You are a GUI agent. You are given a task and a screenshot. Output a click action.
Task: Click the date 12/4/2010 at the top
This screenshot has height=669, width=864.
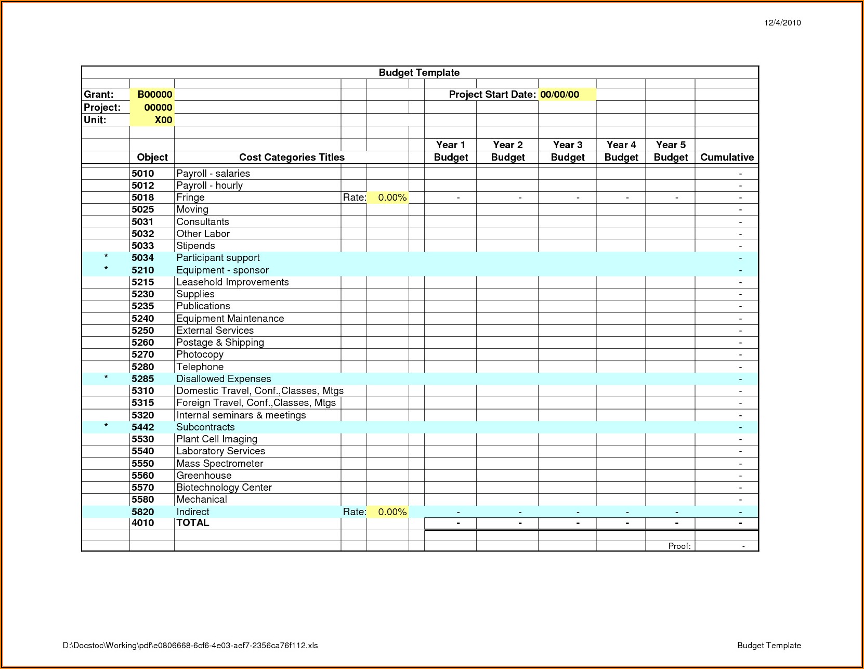[x=782, y=22]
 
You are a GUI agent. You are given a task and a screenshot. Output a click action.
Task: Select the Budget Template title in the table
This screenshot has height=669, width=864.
[x=419, y=73]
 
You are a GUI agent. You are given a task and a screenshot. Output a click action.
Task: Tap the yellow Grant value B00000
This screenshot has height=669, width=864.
[x=154, y=95]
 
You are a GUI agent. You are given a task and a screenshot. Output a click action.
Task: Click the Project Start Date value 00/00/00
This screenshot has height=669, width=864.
[x=559, y=95]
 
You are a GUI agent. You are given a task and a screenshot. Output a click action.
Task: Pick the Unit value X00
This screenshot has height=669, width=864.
[x=163, y=120]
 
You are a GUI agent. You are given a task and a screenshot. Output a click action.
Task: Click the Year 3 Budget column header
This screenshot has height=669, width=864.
[x=568, y=151]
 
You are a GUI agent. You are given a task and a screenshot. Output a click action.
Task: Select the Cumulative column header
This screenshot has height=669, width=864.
[x=727, y=158]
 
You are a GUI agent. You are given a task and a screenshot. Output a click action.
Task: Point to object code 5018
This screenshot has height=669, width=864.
[x=143, y=198]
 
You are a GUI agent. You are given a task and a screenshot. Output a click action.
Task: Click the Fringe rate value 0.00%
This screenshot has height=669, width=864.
[x=392, y=198]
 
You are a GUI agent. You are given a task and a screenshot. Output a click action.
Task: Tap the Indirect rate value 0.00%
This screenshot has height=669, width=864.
[x=392, y=512]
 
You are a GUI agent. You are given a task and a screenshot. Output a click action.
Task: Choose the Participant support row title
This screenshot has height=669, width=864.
[x=218, y=258]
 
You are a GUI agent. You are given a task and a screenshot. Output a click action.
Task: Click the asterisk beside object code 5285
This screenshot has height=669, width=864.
[x=106, y=378]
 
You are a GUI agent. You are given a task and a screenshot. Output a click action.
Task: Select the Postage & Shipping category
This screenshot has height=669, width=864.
[x=220, y=343]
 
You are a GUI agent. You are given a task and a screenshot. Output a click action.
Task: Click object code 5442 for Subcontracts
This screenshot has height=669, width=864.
[x=143, y=427]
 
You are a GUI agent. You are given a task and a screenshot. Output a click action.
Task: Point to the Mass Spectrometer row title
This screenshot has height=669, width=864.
[x=219, y=464]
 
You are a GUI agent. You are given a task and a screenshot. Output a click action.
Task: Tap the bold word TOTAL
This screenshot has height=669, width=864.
[x=193, y=523]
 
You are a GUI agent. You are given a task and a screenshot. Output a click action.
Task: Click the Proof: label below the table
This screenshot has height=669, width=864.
[x=679, y=546]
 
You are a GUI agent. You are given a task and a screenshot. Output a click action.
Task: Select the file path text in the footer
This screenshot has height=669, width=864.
[x=190, y=646]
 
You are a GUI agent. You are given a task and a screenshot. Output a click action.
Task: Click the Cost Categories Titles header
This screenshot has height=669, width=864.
[x=292, y=158]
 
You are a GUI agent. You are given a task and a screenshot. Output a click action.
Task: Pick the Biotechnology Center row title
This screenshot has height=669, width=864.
[x=224, y=488]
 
